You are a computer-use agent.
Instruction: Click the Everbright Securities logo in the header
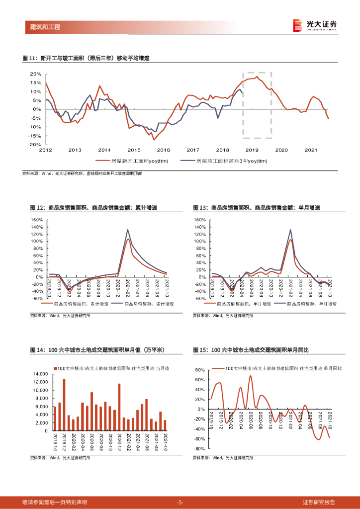pos(315,25)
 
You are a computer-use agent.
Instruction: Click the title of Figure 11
pos(86,58)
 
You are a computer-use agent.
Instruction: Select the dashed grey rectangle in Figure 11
pos(257,105)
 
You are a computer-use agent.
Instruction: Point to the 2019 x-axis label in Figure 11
pos(252,150)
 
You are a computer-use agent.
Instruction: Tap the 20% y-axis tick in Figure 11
pos(35,74)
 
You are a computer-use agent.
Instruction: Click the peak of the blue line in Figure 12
pos(128,230)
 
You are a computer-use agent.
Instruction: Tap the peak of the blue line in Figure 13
pos(290,230)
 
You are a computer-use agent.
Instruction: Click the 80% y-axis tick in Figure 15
pos(199,370)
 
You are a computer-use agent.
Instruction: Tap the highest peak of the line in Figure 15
pos(250,376)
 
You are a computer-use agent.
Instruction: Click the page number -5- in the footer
pos(180,502)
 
